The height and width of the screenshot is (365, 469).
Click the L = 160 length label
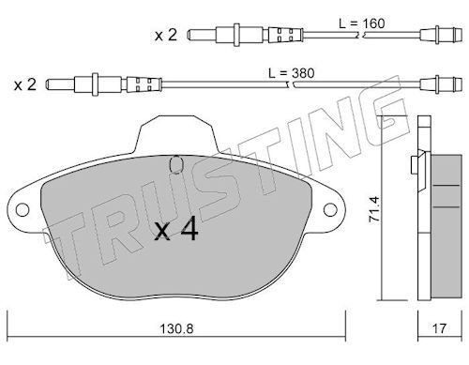[362, 23]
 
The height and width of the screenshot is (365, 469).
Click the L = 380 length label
[292, 73]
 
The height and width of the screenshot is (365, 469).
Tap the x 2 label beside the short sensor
[166, 35]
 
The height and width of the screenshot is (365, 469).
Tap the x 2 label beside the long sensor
[25, 84]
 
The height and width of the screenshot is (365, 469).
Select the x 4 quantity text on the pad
[176, 229]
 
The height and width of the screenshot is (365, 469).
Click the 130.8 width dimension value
[176, 328]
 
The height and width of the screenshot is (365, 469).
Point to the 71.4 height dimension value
[374, 209]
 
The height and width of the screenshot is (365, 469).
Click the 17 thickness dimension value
[440, 328]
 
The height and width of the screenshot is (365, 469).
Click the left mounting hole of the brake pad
[23, 209]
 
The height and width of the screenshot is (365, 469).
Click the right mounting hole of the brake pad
[330, 209]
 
